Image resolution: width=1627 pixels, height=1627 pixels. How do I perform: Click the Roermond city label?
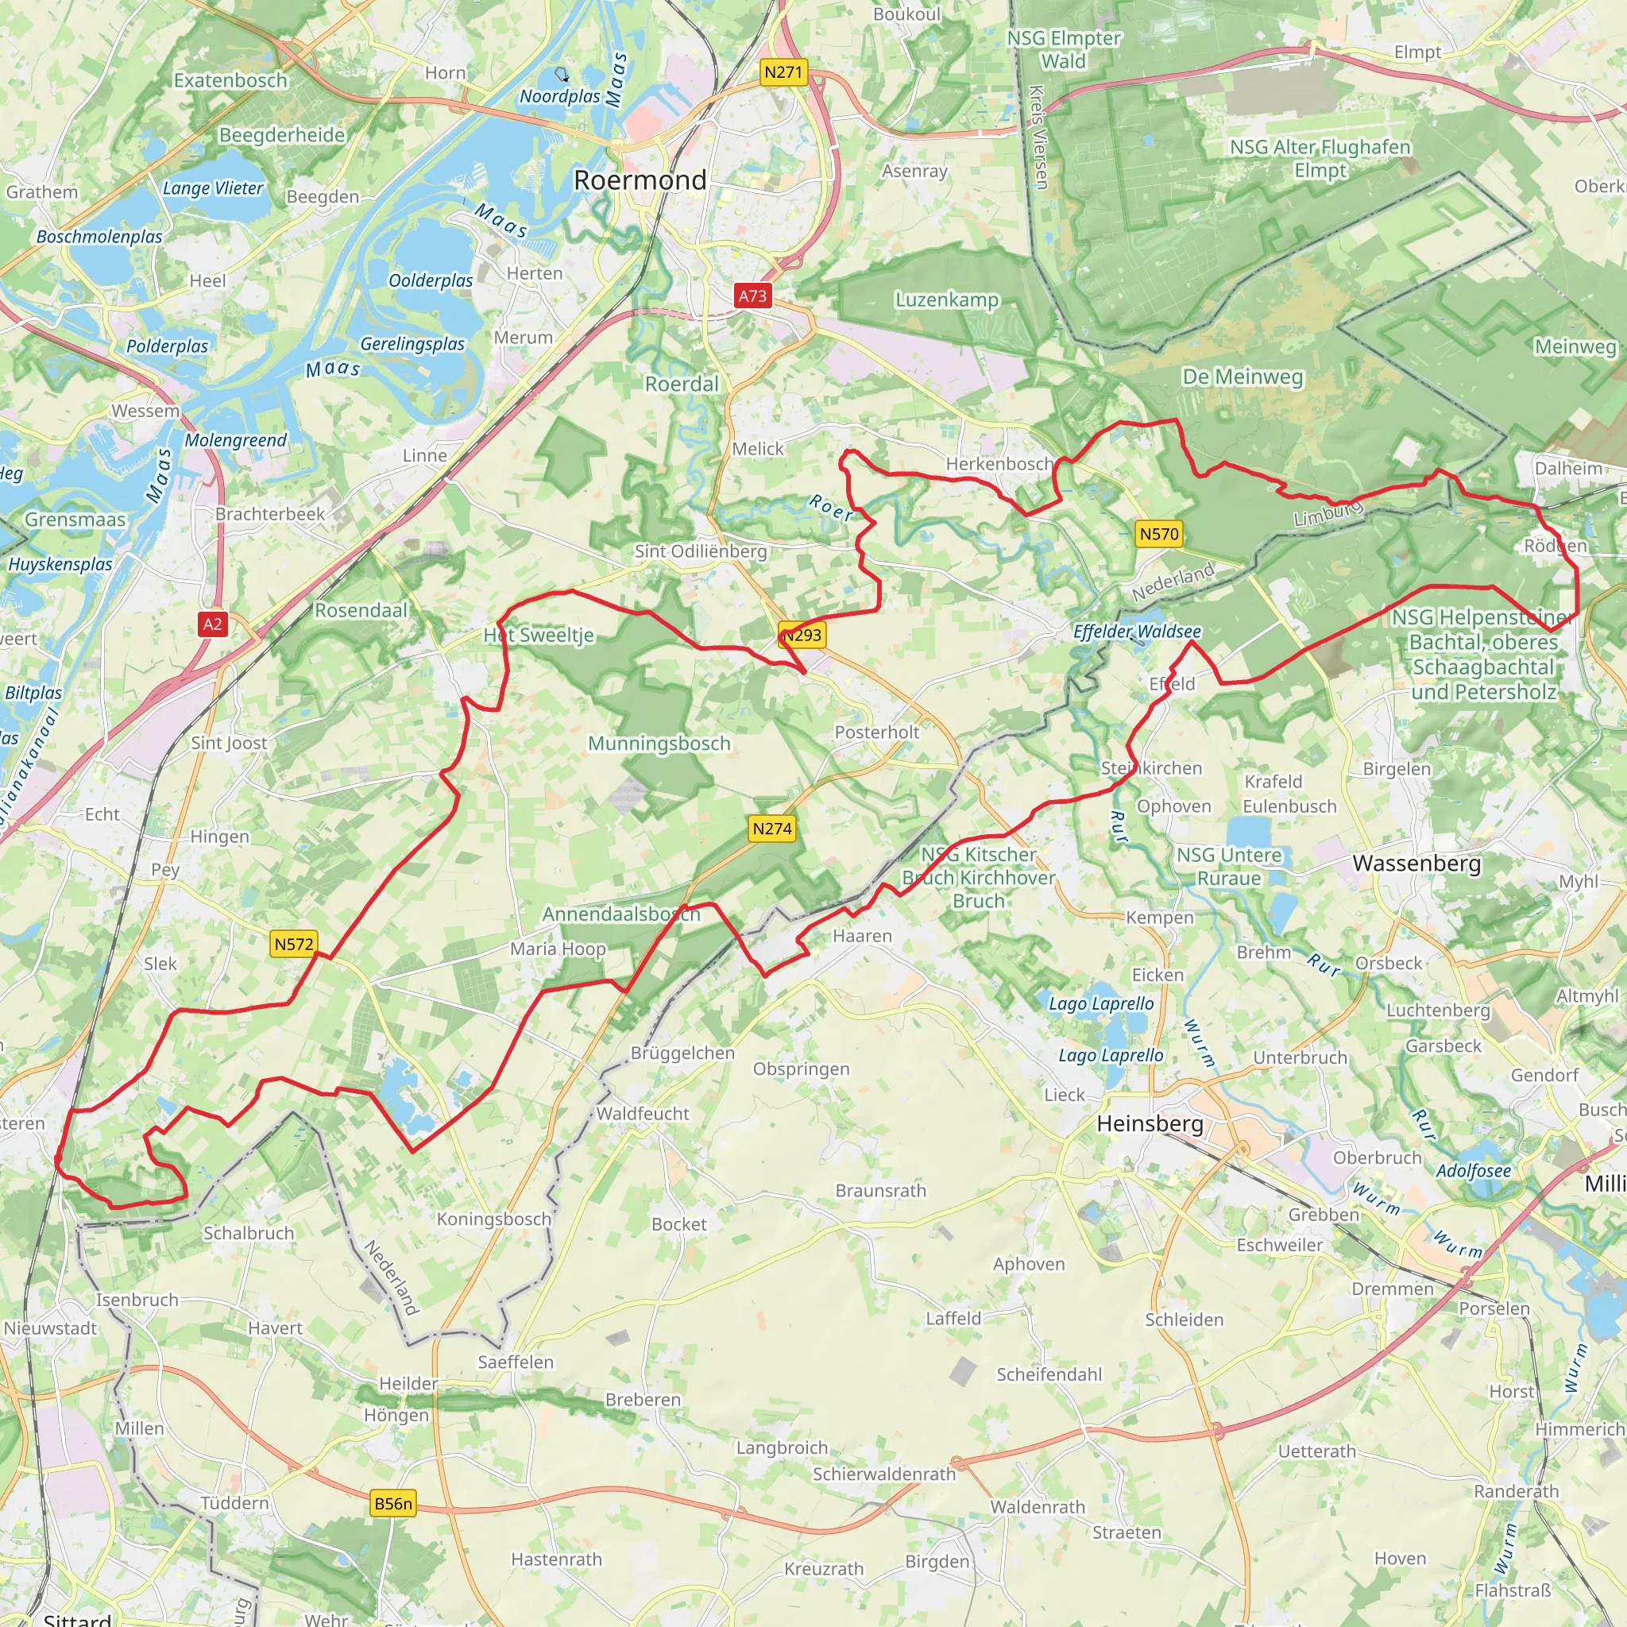point(640,180)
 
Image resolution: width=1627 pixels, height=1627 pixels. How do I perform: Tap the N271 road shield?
point(783,72)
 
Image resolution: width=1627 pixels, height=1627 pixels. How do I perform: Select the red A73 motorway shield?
point(752,296)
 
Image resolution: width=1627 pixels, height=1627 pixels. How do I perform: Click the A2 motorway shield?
point(212,624)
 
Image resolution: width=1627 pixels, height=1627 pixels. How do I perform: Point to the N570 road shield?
point(1159,533)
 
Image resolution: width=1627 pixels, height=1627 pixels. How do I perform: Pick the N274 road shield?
point(771,829)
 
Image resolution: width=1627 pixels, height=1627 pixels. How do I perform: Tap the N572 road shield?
point(294,944)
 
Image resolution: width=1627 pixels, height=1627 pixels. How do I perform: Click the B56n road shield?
point(393,1503)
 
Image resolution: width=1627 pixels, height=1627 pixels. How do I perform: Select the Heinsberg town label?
point(1150,1123)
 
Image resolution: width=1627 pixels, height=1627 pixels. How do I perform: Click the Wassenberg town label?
point(1416,864)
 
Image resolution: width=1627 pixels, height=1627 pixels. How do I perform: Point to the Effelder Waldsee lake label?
point(1137,632)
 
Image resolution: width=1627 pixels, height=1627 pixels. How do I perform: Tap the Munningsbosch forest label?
point(659,744)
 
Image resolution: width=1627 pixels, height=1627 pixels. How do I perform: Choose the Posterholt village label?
point(877,732)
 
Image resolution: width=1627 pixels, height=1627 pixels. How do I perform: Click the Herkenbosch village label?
point(999,464)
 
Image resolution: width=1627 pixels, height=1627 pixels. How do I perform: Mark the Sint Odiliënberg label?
point(701,551)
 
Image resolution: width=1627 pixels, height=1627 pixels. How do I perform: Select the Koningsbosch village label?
point(493,1219)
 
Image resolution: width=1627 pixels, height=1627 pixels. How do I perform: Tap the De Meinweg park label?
point(1242,377)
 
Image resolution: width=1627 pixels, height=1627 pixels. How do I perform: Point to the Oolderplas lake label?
point(431,280)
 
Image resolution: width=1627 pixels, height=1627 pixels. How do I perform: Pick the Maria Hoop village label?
point(558,949)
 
